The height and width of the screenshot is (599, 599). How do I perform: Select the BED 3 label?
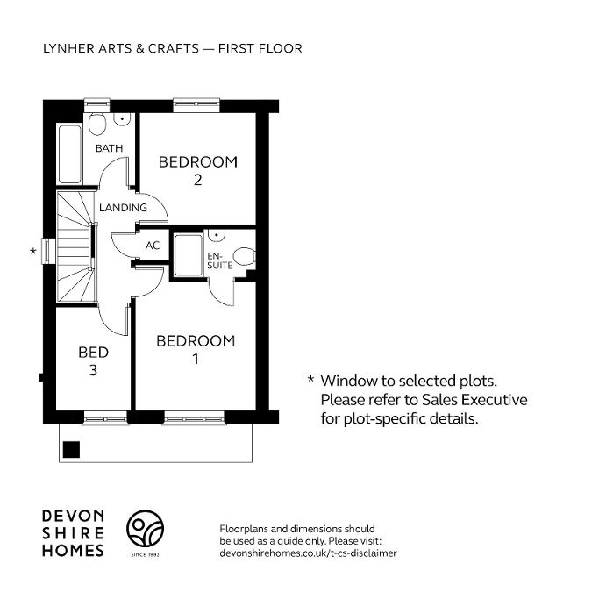pos(93,361)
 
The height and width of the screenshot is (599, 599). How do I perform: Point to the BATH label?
pos(110,149)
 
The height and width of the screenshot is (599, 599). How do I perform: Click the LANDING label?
pos(123,208)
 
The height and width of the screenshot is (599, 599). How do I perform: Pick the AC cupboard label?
pos(153,246)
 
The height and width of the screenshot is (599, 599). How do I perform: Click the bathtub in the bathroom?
pos(68,153)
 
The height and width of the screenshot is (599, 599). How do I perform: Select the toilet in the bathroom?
pos(98,119)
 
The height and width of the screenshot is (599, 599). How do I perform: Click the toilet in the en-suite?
pos(245,256)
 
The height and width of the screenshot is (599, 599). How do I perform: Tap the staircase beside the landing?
pos(75,248)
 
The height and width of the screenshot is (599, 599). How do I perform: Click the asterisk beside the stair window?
pos(33,252)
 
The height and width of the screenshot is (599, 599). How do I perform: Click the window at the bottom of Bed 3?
pos(103,416)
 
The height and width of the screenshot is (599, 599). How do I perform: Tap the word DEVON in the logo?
pos(74,517)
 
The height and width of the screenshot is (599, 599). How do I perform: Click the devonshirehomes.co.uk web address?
pos(307,553)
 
